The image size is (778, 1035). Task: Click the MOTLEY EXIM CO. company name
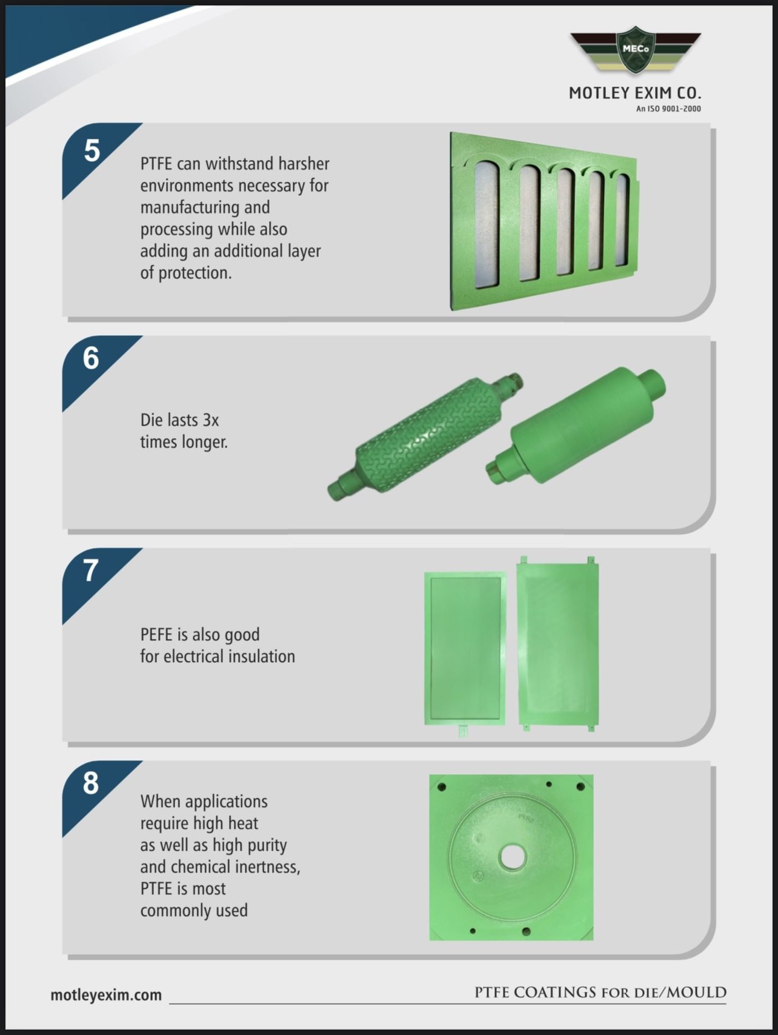635,93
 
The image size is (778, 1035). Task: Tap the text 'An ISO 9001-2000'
668,109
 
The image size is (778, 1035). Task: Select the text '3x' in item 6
211,420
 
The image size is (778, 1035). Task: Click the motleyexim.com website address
106,995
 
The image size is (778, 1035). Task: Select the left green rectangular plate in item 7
465,649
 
